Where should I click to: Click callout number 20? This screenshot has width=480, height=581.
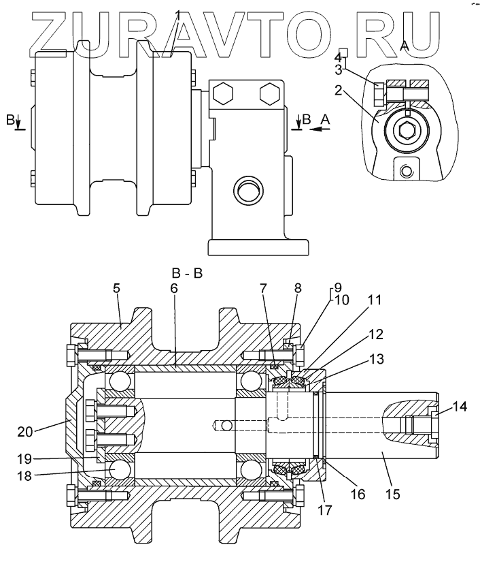tap(25, 431)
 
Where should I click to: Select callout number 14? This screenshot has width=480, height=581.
tap(460, 407)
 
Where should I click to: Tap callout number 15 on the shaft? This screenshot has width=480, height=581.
tap(393, 494)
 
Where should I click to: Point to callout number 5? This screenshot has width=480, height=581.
tap(116, 288)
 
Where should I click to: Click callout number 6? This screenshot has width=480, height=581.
tap(174, 288)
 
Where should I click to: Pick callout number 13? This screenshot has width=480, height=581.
tap(377, 359)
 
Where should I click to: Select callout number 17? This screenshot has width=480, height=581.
tap(325, 510)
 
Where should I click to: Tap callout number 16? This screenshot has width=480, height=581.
tap(358, 494)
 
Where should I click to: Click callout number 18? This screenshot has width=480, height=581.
tap(24, 475)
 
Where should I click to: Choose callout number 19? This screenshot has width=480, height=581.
tap(24, 459)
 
